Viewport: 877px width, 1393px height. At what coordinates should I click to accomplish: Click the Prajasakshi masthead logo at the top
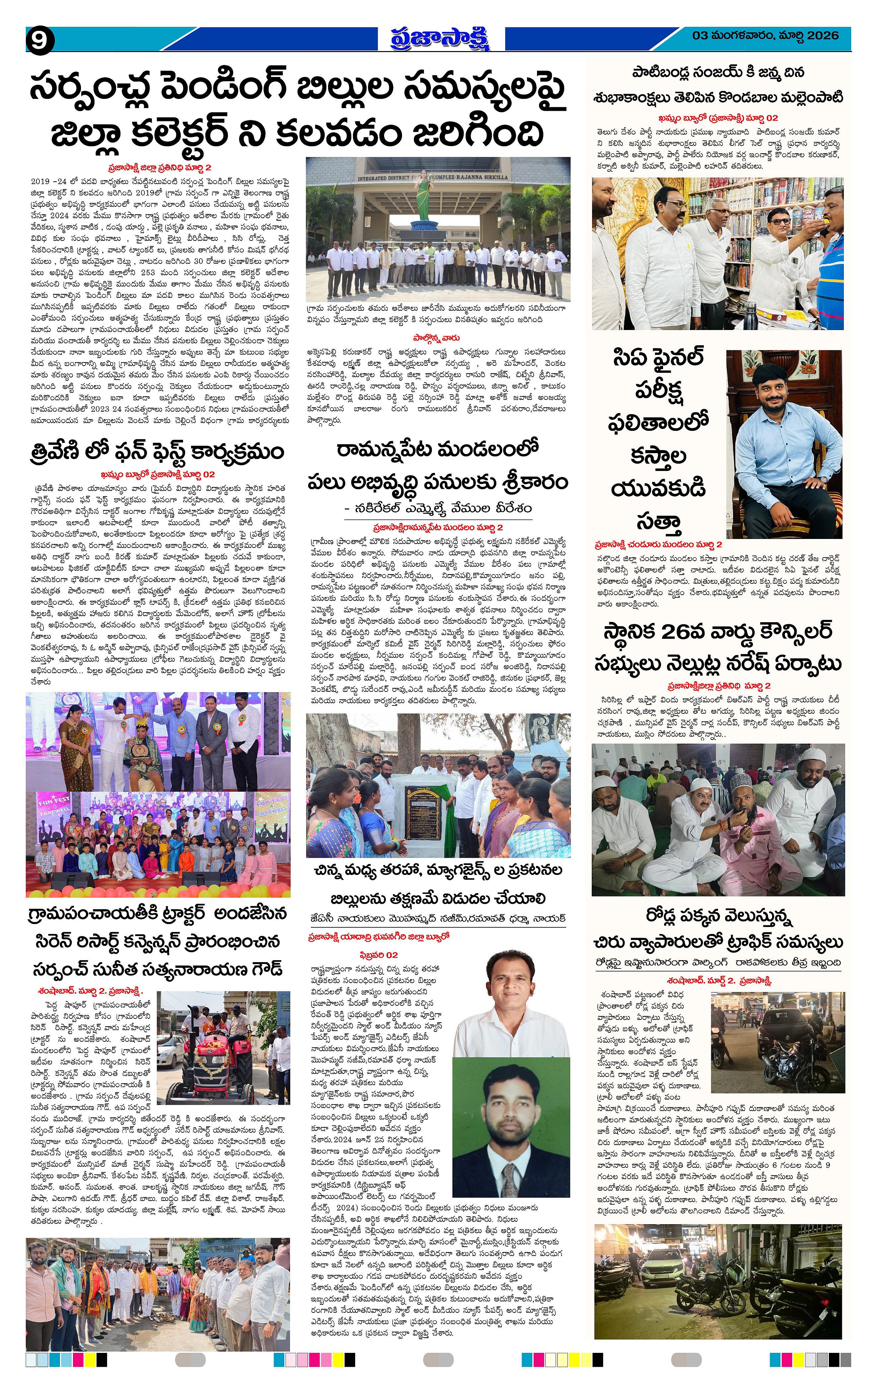point(438,38)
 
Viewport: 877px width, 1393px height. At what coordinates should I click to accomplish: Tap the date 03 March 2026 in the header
point(765,36)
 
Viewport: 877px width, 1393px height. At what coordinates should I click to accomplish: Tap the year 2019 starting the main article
point(41,181)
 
